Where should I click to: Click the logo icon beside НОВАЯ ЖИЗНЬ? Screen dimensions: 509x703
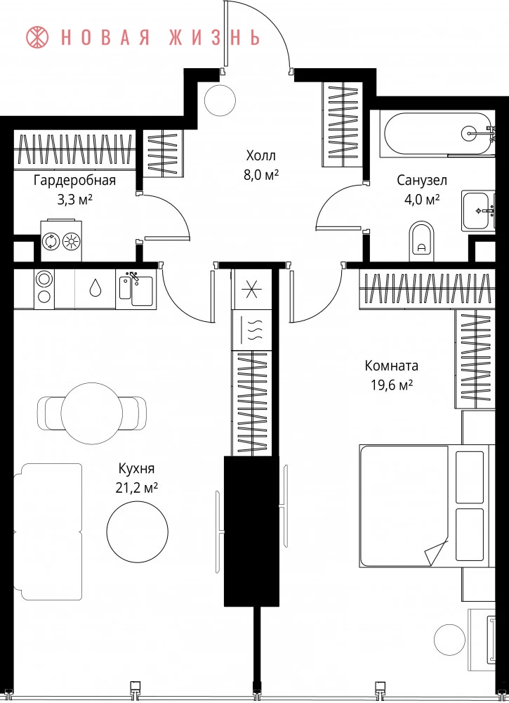point(38,37)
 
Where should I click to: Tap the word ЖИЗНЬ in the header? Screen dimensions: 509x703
point(215,38)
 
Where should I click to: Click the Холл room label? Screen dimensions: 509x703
point(261,155)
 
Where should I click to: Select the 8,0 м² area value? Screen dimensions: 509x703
point(261,175)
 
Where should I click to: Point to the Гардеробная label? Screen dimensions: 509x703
point(74,181)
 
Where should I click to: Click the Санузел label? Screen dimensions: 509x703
point(422,180)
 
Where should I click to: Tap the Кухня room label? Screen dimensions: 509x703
point(136,469)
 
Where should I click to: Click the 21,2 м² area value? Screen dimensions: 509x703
point(136,488)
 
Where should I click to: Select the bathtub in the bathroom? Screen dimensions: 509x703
point(438,133)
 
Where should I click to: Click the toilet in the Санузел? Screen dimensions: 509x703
point(422,242)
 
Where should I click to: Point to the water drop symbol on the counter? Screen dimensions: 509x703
point(95,288)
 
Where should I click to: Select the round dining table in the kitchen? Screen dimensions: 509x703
point(92,413)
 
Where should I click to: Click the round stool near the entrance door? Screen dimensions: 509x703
point(220,100)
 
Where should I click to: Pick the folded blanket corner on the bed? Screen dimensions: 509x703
point(436,553)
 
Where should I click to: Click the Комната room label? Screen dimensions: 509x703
point(392,366)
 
